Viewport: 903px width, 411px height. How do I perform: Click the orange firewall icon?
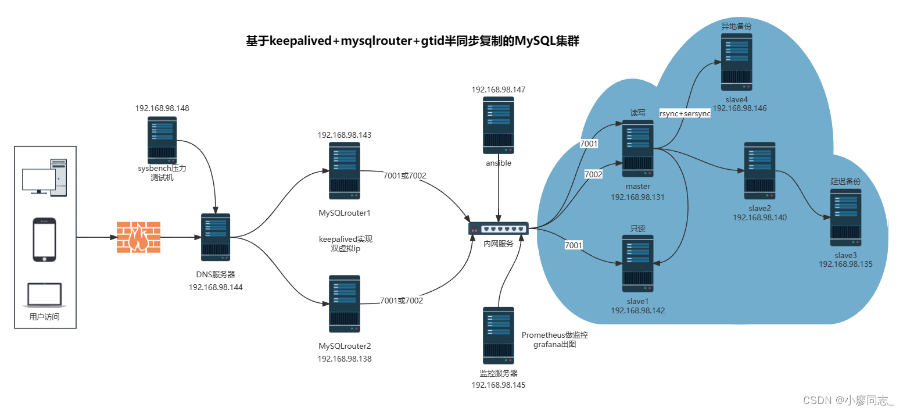(x=138, y=237)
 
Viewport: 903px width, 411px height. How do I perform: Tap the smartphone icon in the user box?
(x=45, y=240)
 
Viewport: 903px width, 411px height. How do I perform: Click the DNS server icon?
(x=216, y=237)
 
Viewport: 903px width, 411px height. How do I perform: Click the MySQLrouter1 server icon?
(x=345, y=170)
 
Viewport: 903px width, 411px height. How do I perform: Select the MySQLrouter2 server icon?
(x=345, y=303)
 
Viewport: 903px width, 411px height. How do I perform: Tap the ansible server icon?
(x=499, y=125)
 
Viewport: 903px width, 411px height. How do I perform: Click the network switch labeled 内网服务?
(x=499, y=228)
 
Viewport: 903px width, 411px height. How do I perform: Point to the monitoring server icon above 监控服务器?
(x=499, y=335)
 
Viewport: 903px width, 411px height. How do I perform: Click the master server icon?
(x=638, y=149)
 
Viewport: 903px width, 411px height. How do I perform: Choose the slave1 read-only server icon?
(x=638, y=263)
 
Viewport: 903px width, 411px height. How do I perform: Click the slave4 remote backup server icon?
(x=737, y=62)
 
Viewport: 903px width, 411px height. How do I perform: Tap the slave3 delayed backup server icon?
(x=845, y=216)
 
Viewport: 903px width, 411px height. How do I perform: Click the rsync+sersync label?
(x=685, y=113)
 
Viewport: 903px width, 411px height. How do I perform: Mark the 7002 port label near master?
(x=593, y=174)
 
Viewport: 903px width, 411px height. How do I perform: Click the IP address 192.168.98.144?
(x=216, y=287)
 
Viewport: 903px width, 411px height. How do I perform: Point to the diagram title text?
(x=413, y=42)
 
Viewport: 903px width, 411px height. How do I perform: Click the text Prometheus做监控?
(x=555, y=335)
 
